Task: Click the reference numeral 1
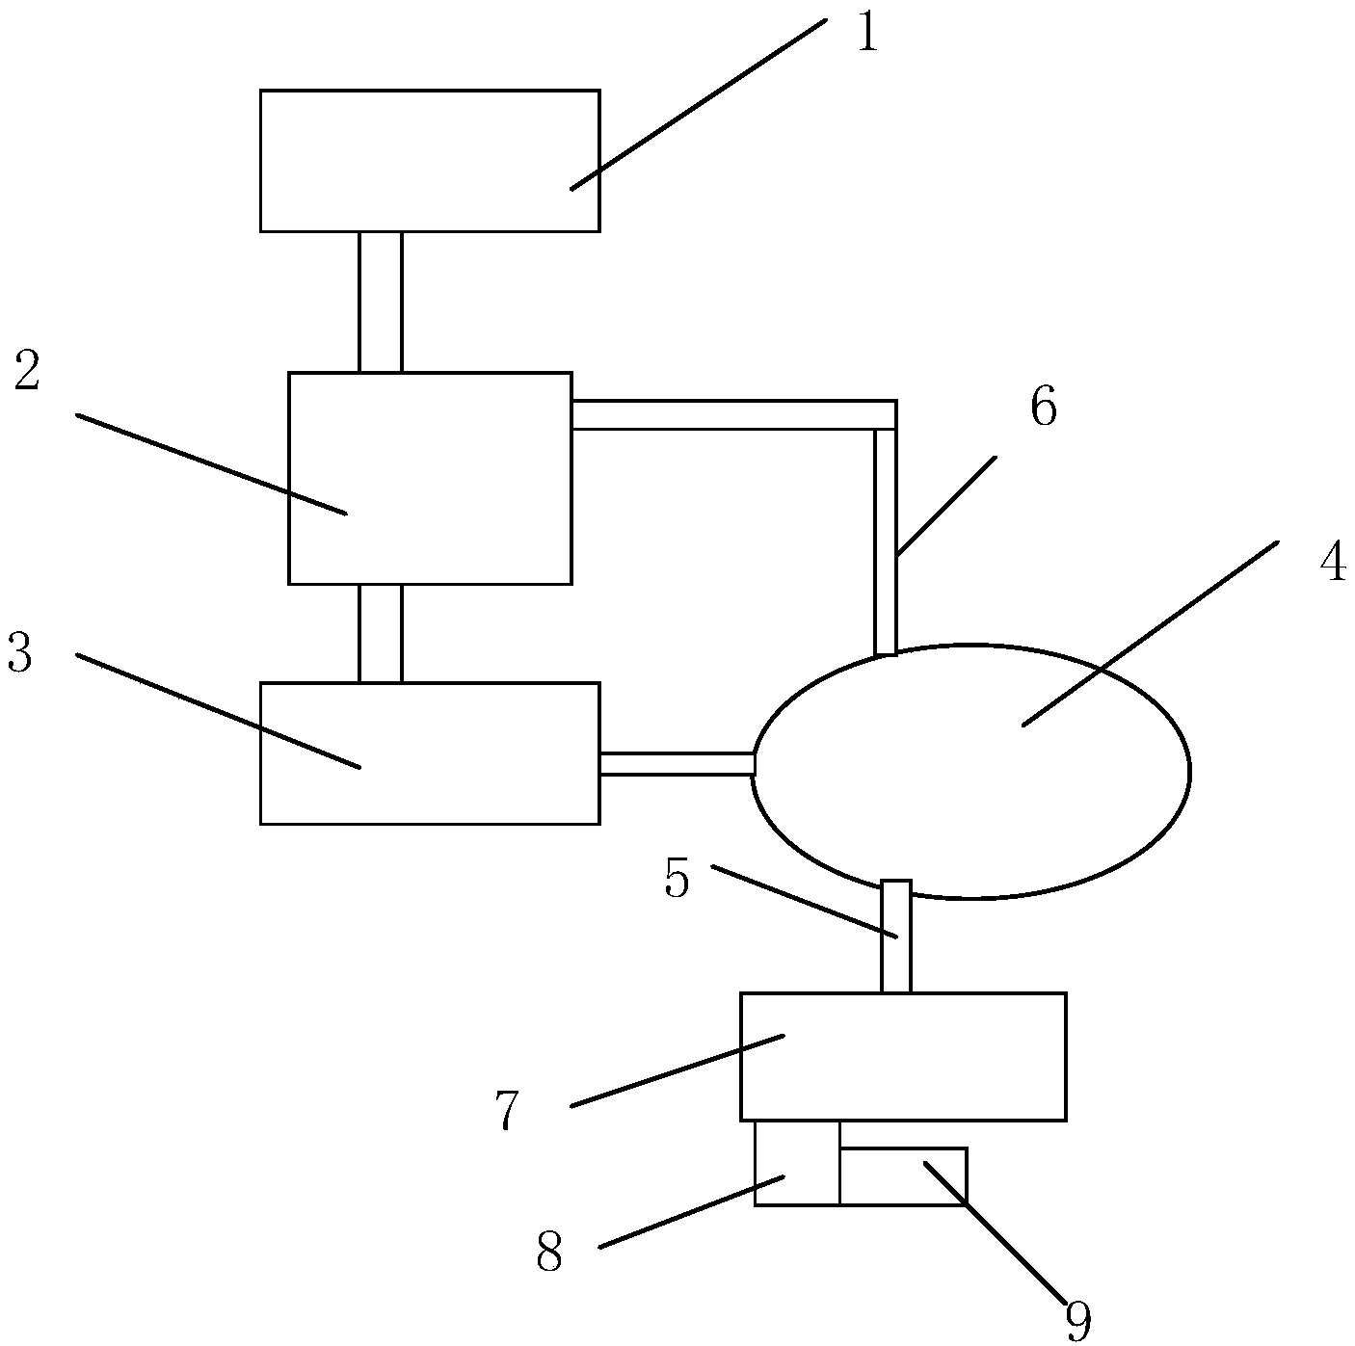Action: coord(867,35)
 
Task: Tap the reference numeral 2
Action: coord(27,371)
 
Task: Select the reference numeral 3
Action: coord(19,653)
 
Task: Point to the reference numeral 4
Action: coord(1332,563)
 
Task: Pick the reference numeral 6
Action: coord(1043,408)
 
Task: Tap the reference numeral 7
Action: coord(508,1111)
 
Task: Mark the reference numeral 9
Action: coord(1077,1320)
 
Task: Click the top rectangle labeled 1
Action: coord(430,161)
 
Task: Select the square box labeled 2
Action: coord(430,478)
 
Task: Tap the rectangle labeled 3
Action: coord(430,753)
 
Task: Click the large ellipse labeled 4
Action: coord(970,772)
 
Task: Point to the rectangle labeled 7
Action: coord(903,1056)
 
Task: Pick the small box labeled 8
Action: coord(797,1162)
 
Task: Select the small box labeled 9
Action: coord(902,1176)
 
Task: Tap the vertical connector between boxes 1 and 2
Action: coord(381,302)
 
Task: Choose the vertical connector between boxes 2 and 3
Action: coord(381,633)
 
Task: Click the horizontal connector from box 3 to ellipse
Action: coord(677,764)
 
